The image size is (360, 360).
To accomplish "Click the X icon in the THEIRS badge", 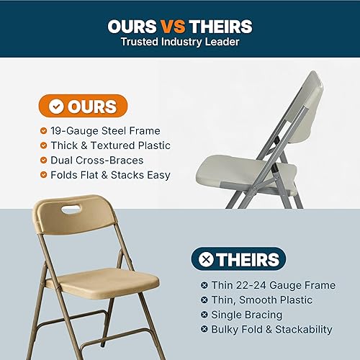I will (205, 258).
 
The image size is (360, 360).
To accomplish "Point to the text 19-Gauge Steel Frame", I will (105, 131).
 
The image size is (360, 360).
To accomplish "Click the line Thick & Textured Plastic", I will (110, 145).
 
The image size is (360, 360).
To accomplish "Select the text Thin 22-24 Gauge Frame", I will (274, 285).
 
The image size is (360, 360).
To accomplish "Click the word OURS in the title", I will (135, 27).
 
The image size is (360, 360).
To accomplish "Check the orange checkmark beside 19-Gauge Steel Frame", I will (44, 131).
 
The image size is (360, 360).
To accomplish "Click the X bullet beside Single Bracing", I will (204, 315).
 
